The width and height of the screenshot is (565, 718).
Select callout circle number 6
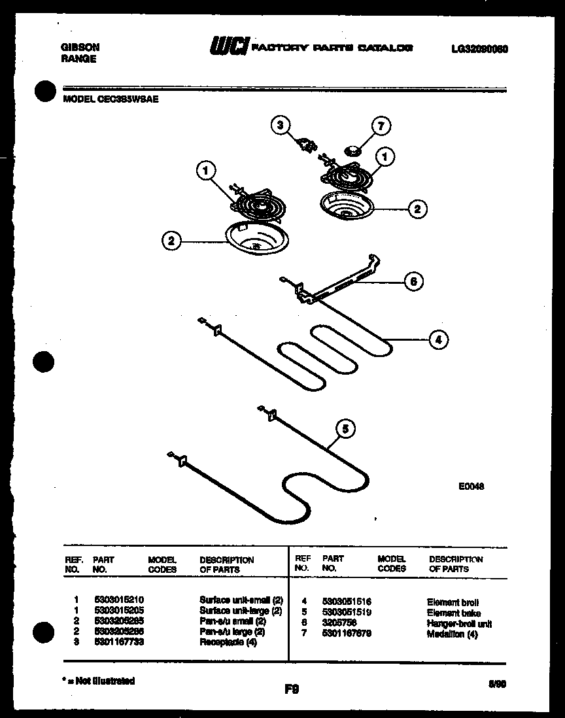pyautogui.click(x=413, y=282)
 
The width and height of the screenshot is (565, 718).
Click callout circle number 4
pyautogui.click(x=439, y=339)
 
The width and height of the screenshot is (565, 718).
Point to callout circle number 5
pyautogui.click(x=346, y=429)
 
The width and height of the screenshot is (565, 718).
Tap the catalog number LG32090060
pyautogui.click(x=479, y=48)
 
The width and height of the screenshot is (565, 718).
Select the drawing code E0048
pyautogui.click(x=471, y=487)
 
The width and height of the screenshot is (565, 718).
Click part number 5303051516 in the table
pyautogui.click(x=347, y=602)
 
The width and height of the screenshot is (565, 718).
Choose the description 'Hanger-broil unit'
pyautogui.click(x=459, y=624)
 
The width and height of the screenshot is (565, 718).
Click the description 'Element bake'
pyautogui.click(x=453, y=613)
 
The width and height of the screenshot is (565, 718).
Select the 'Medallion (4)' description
pyautogui.click(x=452, y=634)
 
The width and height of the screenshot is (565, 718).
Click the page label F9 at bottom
pyautogui.click(x=292, y=689)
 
